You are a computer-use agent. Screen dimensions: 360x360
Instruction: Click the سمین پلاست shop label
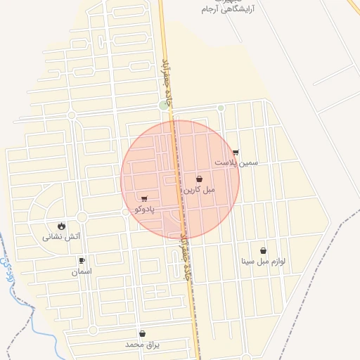click(236, 162)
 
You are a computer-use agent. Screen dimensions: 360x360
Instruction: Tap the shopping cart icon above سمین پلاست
click(236, 152)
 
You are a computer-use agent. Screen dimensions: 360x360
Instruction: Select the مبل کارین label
click(200, 190)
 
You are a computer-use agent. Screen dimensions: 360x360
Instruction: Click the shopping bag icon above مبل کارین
click(200, 179)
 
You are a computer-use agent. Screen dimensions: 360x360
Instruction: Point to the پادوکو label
click(144, 209)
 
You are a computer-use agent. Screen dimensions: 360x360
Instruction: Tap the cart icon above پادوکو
click(144, 199)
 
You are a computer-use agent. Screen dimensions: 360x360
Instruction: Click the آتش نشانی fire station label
click(62, 237)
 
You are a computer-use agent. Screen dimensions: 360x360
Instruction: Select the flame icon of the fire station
click(62, 226)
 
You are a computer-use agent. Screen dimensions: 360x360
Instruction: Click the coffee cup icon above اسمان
click(82, 261)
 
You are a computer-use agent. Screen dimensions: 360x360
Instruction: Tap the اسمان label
click(81, 271)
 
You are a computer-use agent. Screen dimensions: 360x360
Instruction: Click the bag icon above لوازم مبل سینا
click(263, 250)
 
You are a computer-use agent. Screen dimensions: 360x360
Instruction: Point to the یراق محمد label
click(143, 345)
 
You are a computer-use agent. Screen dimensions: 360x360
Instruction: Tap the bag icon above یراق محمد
click(143, 334)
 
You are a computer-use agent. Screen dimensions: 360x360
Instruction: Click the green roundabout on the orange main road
click(165, 105)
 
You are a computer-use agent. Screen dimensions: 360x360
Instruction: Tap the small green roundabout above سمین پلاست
click(221, 108)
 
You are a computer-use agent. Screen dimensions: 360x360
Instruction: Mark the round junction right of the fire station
click(82, 217)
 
